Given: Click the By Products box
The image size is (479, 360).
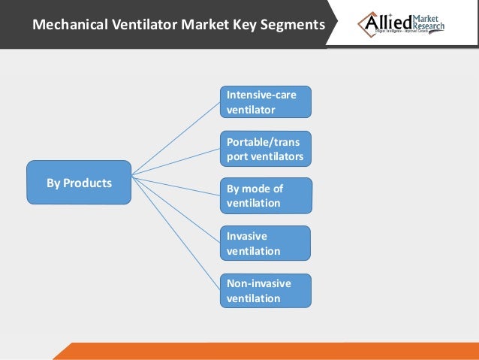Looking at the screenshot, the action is coord(79,183).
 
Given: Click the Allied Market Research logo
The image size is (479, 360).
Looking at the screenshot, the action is coord(402,25).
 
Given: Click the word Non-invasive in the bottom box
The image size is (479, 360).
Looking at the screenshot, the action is coord(258,283).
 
